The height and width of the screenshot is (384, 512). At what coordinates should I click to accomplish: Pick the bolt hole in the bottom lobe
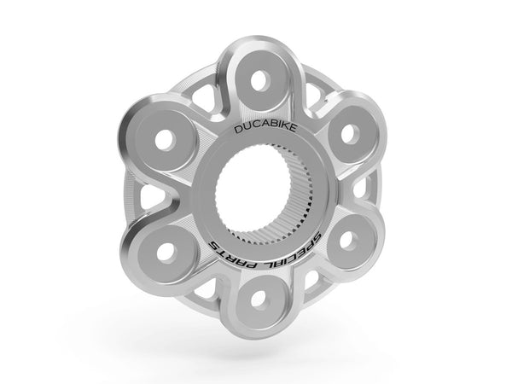click(x=259, y=299)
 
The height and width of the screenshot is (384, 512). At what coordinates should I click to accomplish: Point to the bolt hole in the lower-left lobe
click(x=166, y=253)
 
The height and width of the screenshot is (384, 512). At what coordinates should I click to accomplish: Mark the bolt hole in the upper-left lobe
click(x=166, y=141)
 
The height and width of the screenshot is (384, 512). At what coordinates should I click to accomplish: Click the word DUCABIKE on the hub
click(x=265, y=128)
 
